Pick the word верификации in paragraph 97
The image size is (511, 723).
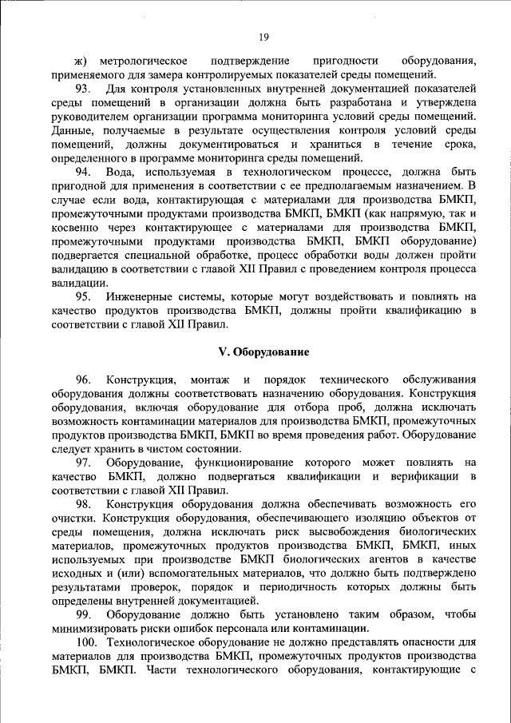pyautogui.click(x=424, y=476)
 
